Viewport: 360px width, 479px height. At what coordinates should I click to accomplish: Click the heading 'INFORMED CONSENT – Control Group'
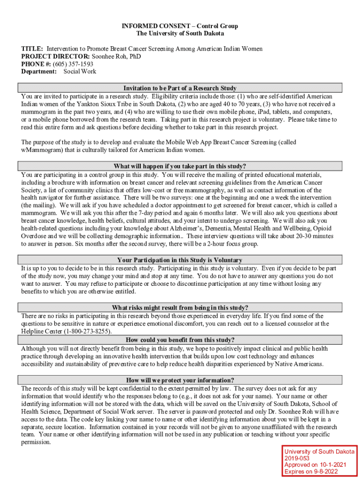(x=180, y=26)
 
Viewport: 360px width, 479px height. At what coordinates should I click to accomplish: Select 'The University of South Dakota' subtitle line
(x=180, y=33)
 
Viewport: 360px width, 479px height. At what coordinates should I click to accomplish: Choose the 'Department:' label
(x=39, y=72)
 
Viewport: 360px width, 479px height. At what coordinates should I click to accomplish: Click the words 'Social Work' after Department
(x=80, y=72)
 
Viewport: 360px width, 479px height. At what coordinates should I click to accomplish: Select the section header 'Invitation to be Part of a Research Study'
(x=180, y=88)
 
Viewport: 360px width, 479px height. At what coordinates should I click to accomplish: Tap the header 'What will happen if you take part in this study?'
(x=180, y=166)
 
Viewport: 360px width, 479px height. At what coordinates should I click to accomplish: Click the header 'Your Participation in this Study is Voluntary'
(x=180, y=260)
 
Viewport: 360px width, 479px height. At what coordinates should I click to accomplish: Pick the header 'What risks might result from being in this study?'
(x=180, y=307)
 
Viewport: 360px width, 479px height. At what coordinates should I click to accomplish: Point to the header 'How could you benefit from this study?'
(x=180, y=340)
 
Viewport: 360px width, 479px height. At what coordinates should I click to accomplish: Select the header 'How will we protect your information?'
(x=180, y=380)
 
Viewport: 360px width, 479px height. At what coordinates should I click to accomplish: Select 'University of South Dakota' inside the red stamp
(x=319, y=451)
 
